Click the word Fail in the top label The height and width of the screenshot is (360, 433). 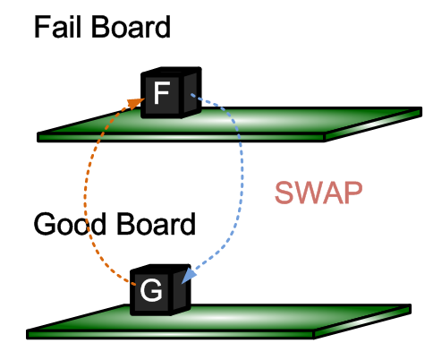tap(57, 27)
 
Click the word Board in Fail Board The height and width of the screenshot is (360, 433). tap(131, 27)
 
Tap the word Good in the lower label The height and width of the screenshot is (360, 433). tap(70, 224)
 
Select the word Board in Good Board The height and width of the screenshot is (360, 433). tap(156, 224)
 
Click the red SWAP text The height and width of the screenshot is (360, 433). tap(318, 193)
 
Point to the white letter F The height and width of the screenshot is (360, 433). tap(162, 93)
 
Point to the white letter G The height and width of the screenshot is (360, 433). tap(151, 290)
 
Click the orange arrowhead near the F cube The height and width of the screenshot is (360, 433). tap(136, 103)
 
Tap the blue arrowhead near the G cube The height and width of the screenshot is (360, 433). tap(188, 275)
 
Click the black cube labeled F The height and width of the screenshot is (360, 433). tap(171, 92)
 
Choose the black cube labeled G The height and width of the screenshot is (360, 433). tap(160, 289)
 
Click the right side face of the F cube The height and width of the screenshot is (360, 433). tap(191, 93)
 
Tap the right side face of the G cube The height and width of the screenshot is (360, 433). tap(180, 290)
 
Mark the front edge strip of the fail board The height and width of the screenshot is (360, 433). tap(181, 137)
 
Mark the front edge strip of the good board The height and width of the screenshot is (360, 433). tap(171, 335)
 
